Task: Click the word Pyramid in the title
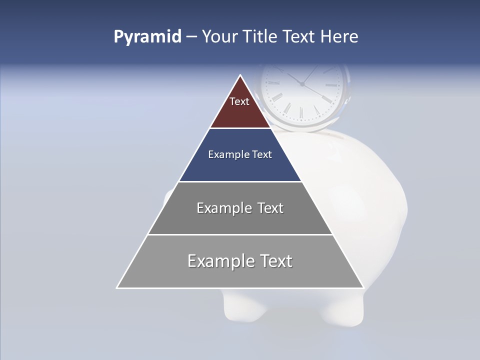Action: [147, 37]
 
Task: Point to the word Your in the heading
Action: [219, 37]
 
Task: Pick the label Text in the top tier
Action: [239, 101]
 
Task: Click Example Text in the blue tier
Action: [240, 154]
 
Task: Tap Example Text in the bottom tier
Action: [240, 261]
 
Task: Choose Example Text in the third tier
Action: [240, 208]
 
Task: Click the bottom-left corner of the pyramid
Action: [117, 287]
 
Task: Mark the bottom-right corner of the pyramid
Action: [363, 287]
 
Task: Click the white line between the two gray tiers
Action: [240, 234]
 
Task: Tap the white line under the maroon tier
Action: [240, 128]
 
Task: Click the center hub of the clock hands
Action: [302, 84]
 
